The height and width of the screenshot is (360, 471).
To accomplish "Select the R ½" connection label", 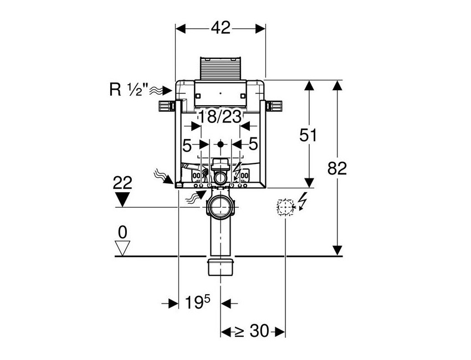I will tap(129, 90).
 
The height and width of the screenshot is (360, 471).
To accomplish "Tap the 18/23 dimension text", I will tap(221, 117).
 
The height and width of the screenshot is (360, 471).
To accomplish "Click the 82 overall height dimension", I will tap(337, 168).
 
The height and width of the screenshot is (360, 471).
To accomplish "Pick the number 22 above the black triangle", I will tap(122, 183).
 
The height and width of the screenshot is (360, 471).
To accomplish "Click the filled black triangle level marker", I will tap(122, 198).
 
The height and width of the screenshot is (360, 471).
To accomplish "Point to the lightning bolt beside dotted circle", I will tap(302, 200).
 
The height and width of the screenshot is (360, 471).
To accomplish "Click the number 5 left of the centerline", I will tap(187, 145).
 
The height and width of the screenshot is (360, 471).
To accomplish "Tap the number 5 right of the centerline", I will tap(253, 145).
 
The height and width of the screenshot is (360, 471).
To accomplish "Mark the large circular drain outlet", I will tap(221, 209).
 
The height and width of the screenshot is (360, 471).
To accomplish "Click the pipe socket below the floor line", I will tap(221, 266).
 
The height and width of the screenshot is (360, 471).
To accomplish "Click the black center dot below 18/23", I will tap(221, 145).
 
